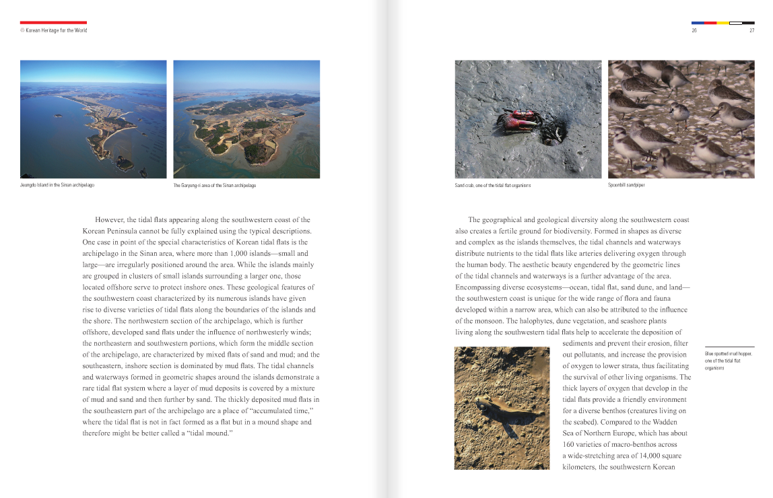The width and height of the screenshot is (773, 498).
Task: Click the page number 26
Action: [x=694, y=30]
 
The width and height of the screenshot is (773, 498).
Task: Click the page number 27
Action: [x=751, y=30]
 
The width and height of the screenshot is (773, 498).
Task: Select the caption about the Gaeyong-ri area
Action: [x=215, y=185]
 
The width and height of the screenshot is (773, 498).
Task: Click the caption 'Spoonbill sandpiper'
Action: [x=626, y=185]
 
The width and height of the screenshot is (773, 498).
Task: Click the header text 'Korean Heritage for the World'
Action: [x=56, y=30]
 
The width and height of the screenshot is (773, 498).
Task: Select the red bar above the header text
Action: [x=53, y=22]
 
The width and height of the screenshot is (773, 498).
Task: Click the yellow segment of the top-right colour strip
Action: [x=722, y=23]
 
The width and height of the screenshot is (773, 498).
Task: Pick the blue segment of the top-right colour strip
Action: [x=698, y=23]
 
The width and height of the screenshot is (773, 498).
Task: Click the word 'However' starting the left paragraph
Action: [x=110, y=220]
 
